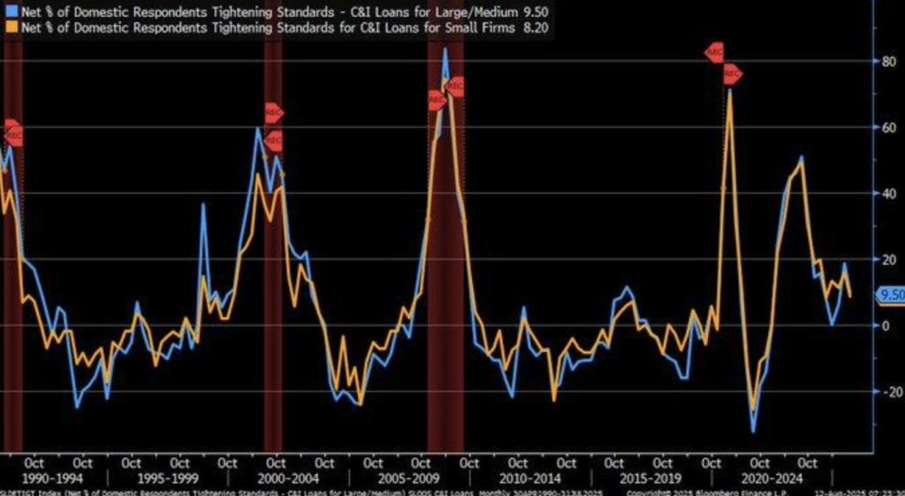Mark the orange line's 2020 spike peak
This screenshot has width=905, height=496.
(x=730, y=90)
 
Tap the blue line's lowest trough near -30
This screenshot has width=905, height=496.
(x=753, y=431)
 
